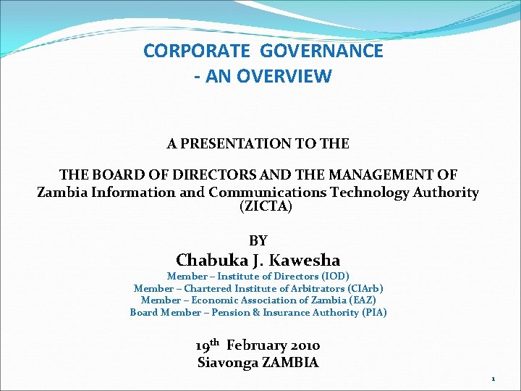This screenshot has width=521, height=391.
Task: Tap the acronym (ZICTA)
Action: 266,207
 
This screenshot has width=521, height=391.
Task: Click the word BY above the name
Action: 258,240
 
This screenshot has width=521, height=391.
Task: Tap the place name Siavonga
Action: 228,363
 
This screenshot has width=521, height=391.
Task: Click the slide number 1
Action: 493,379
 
